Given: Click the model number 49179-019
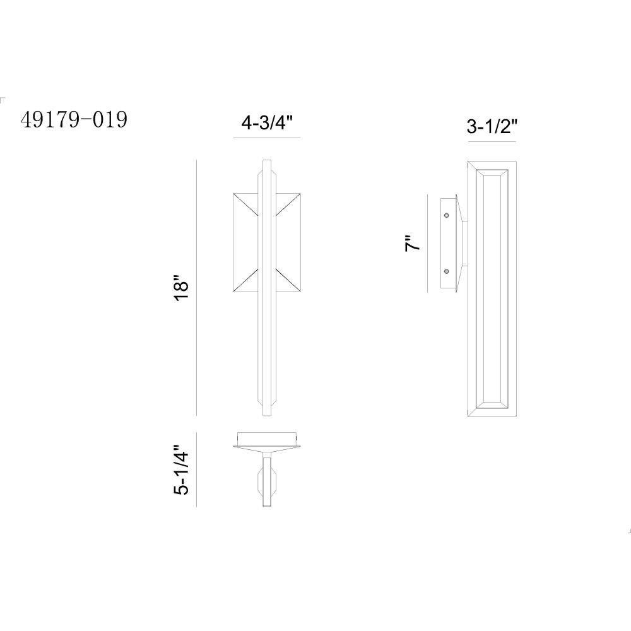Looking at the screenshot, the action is (x=74, y=119).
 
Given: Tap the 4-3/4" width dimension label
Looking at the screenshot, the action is (x=266, y=122).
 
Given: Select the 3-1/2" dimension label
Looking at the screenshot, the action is (x=492, y=127).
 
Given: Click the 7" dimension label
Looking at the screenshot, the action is (x=413, y=244).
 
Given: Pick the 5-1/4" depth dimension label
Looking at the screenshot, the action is (x=181, y=469).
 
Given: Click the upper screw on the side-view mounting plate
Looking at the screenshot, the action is (x=446, y=216).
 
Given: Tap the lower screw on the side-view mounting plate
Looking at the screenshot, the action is (x=446, y=271).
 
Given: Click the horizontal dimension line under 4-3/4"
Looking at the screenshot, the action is (x=267, y=138).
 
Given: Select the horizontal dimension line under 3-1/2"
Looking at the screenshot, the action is (x=492, y=141).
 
